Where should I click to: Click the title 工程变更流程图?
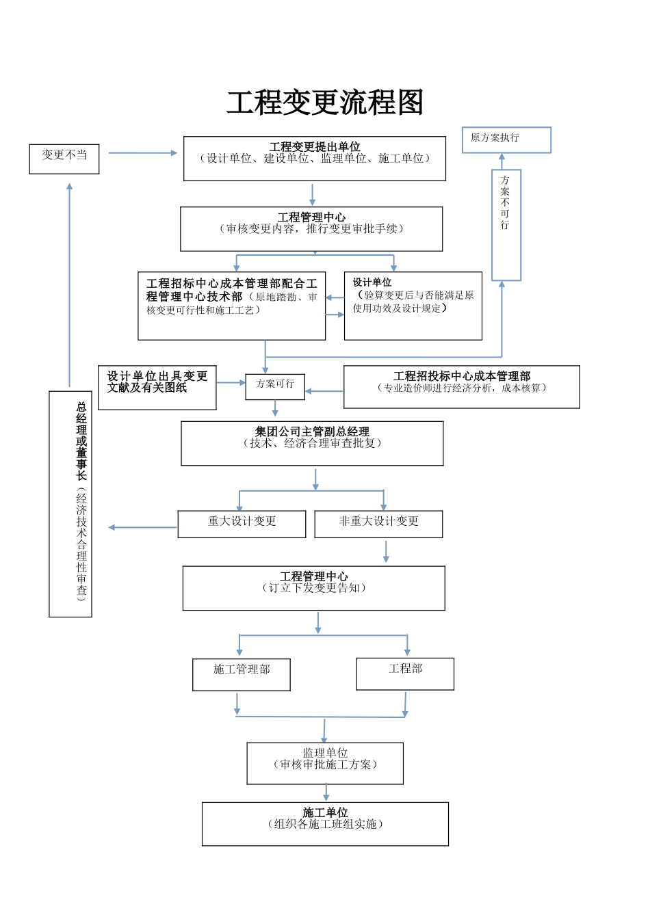325,103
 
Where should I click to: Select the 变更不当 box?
64,159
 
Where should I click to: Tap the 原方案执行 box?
506,139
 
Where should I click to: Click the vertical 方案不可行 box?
506,225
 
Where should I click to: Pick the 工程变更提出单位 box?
315,159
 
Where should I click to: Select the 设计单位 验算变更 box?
413,306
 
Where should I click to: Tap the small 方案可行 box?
275,386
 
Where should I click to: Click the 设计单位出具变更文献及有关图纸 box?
157,388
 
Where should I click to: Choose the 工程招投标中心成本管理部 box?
462,387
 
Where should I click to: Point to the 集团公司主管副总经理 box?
312,443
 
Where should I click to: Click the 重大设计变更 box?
242,524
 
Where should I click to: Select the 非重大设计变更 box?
378,524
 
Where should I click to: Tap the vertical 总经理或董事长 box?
70,504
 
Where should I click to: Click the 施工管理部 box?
242,674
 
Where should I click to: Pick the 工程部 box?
405,674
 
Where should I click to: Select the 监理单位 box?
325,763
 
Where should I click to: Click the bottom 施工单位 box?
325,824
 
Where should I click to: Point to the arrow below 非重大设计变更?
386,551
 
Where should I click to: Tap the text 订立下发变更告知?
314,588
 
